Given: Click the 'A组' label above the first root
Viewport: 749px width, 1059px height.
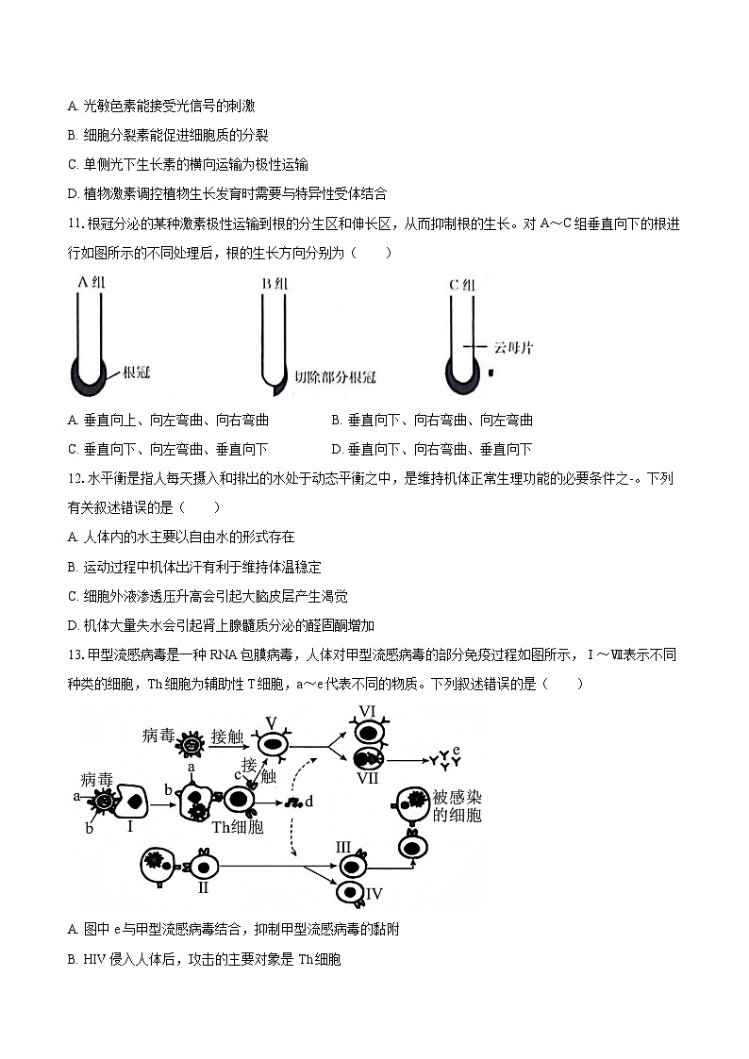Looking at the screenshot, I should pyautogui.click(x=92, y=283).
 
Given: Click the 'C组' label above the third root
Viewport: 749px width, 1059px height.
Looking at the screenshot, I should pyautogui.click(x=462, y=283).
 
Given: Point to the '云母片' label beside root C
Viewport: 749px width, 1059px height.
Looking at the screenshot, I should pyautogui.click(x=513, y=347).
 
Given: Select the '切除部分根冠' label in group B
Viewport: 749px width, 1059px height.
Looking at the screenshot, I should pyautogui.click(x=335, y=377).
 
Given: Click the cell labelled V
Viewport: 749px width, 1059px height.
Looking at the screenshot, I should pyautogui.click(x=274, y=745).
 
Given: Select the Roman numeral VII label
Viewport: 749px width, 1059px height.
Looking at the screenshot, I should pyautogui.click(x=368, y=778).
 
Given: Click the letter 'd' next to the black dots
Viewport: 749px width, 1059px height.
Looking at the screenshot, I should pyautogui.click(x=308, y=802).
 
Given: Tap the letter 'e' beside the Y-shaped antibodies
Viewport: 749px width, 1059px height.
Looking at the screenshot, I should pyautogui.click(x=457, y=750).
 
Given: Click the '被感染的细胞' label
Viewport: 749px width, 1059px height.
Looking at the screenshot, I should pyautogui.click(x=457, y=805).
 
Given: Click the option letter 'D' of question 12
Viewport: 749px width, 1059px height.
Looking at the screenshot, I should pyautogui.click(x=73, y=625).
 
